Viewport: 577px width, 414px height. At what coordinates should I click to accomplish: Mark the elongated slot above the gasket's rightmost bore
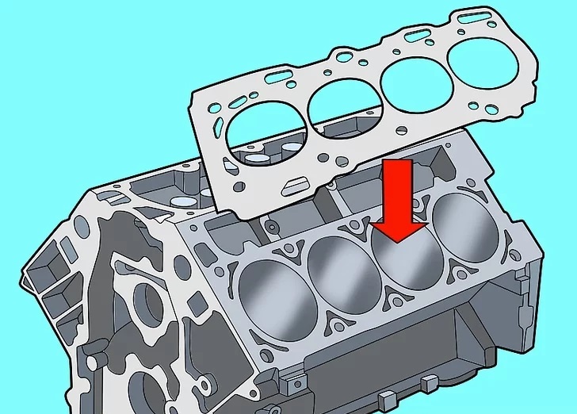476,13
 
